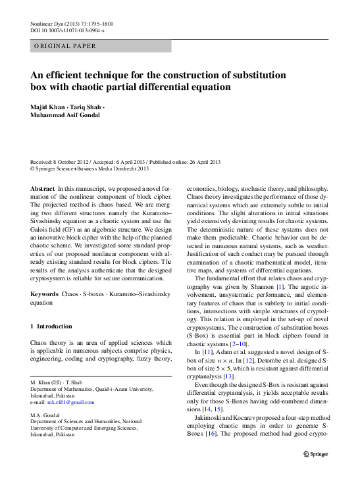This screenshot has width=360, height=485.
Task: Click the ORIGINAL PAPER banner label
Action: (x=65, y=46)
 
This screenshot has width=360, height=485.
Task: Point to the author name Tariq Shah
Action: (x=86, y=106)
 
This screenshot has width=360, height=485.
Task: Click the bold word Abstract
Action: (x=43, y=188)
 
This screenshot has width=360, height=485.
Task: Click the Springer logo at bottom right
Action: (x=319, y=455)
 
